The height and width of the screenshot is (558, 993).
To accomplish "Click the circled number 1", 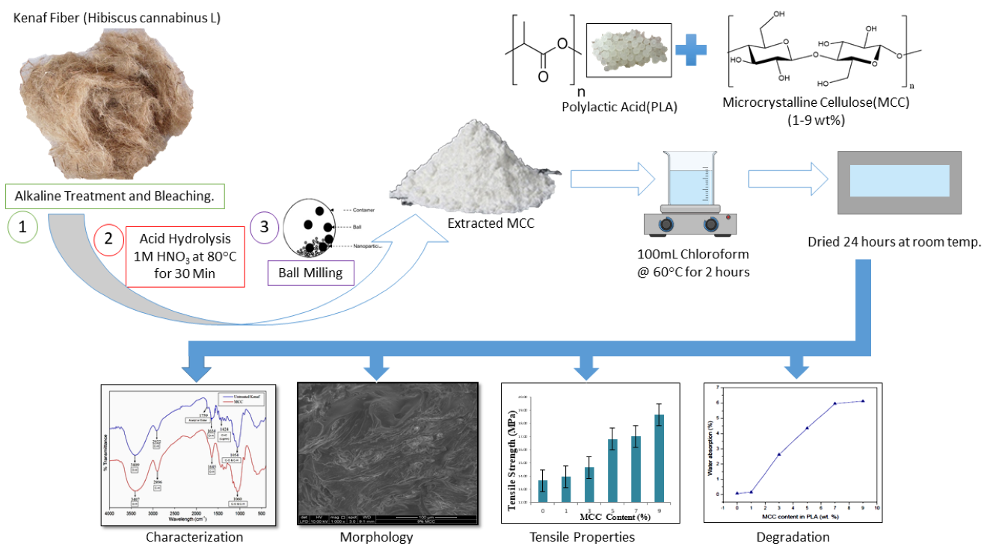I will (x=23, y=229).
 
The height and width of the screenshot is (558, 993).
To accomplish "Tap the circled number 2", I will (x=109, y=241).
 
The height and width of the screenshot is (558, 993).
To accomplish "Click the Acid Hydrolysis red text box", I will (x=185, y=257).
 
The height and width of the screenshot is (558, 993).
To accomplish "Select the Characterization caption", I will (x=194, y=536).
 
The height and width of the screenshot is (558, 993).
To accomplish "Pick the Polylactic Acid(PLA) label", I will (x=619, y=107).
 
